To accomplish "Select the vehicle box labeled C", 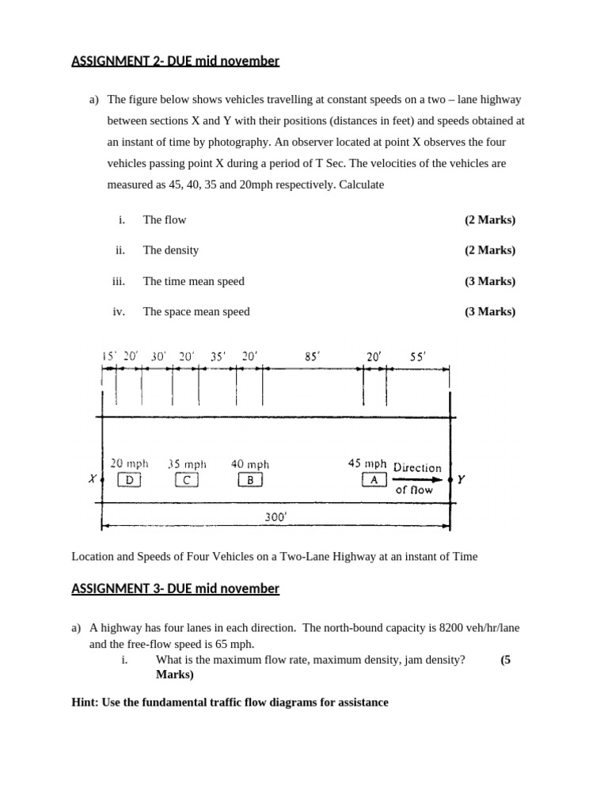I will [x=186, y=479].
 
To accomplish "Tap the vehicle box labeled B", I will [x=249, y=479].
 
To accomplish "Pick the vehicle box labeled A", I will [x=374, y=479].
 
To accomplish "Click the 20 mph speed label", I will [x=129, y=464].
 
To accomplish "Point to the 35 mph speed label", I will [x=187, y=464].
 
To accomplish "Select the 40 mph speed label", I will [x=249, y=464].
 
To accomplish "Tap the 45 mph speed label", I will [x=367, y=463].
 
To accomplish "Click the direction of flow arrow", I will [x=418, y=479].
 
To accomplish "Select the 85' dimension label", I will [x=313, y=356].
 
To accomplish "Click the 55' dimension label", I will [x=417, y=356].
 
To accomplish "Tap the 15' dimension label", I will [x=109, y=356].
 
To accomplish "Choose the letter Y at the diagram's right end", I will [x=462, y=479].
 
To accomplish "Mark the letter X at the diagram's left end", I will [x=93, y=479].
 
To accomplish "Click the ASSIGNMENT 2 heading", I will [x=175, y=61].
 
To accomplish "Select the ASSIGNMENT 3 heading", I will [x=175, y=588].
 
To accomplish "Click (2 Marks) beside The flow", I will [x=489, y=219].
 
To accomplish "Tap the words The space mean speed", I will [x=196, y=311].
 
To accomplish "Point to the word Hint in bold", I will [x=84, y=702].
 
